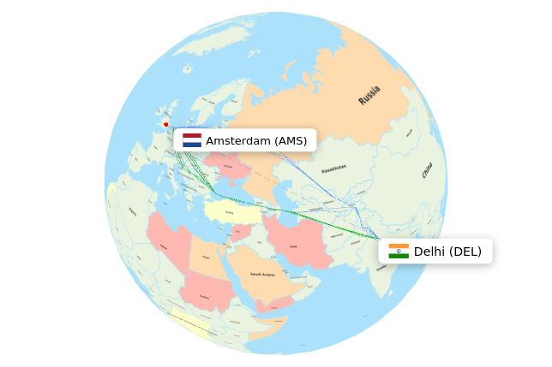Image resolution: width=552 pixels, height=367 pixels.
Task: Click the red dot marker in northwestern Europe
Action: [x=166, y=125]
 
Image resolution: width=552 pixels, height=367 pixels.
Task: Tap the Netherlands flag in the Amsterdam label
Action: [x=192, y=140]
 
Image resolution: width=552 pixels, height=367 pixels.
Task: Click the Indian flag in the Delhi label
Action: [x=399, y=252]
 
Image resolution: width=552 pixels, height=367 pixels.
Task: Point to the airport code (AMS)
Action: [x=290, y=140]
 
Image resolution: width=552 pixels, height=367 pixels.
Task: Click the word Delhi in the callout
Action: [x=429, y=252]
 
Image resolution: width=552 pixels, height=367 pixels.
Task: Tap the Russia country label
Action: [x=369, y=96]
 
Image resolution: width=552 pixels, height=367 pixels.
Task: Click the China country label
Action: [x=427, y=170]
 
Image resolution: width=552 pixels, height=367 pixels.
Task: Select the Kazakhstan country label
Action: [x=333, y=169]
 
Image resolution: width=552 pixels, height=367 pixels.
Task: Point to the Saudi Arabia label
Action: [x=262, y=274]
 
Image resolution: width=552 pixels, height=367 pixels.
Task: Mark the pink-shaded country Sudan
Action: [x=206, y=295]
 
